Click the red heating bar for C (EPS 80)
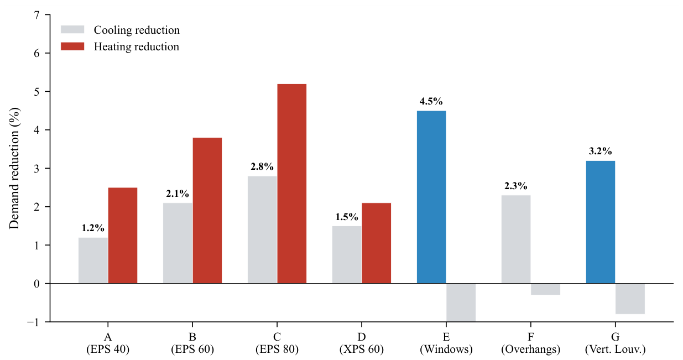pyautogui.click(x=292, y=184)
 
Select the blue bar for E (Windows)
pyautogui.click(x=431, y=197)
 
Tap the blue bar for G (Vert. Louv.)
pyautogui.click(x=601, y=222)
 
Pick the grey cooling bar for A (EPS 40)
pyautogui.click(x=93, y=260)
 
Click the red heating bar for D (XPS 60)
pyautogui.click(x=376, y=243)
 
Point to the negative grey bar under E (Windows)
pyautogui.click(x=461, y=302)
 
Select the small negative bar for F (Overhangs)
pyautogui.click(x=545, y=289)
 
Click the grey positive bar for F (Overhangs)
pyautogui.click(x=516, y=239)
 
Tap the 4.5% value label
pyautogui.click(x=431, y=101)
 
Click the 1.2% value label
pyautogui.click(x=93, y=228)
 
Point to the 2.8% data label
pyautogui.click(x=262, y=166)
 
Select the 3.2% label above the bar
pyautogui.click(x=601, y=151)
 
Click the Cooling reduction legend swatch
pyautogui.click(x=72, y=29)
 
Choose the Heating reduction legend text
pyautogui.click(x=136, y=46)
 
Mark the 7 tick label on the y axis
pyautogui.click(x=37, y=15)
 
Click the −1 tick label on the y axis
pyautogui.click(x=33, y=322)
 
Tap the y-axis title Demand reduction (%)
pyautogui.click(x=14, y=168)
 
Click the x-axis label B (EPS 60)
pyautogui.click(x=192, y=343)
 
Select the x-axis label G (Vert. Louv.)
pyautogui.click(x=616, y=343)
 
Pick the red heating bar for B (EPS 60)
pyautogui.click(x=207, y=210)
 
